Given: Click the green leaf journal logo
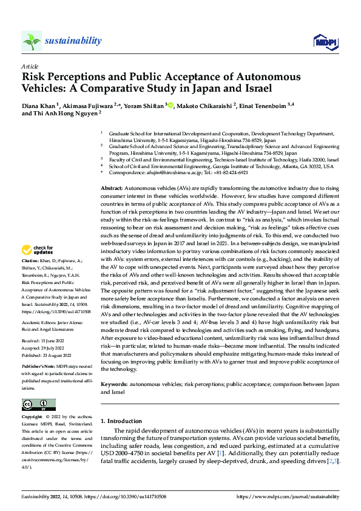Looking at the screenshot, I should (x=32, y=41).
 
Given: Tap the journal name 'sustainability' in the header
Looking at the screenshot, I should (x=73, y=41).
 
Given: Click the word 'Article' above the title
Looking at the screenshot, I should (x=30, y=66).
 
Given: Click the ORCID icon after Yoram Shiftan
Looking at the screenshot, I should (x=170, y=105).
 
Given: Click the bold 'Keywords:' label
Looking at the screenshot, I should (x=115, y=385).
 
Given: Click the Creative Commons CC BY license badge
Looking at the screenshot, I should (x=38, y=405).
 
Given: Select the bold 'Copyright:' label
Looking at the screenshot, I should (x=32, y=418).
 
